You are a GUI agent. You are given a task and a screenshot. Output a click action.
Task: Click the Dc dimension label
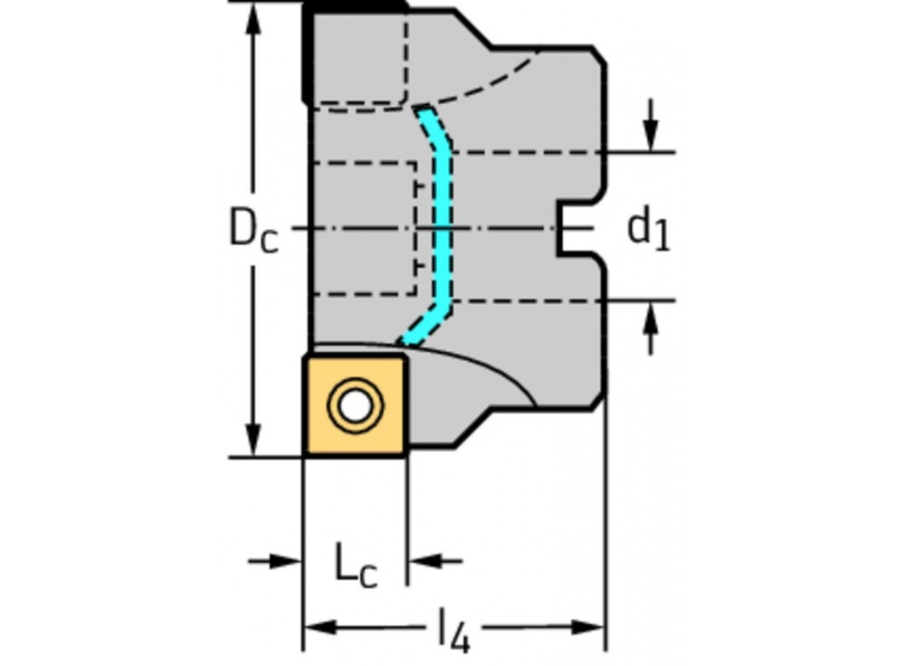pyautogui.click(x=252, y=230)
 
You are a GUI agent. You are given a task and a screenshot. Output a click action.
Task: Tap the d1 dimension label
pyautogui.click(x=648, y=229)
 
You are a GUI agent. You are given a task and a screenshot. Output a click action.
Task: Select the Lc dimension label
pyautogui.click(x=355, y=567)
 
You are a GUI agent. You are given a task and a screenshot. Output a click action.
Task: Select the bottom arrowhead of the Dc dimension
pyautogui.click(x=253, y=443)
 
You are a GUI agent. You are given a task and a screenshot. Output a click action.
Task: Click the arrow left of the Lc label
pyautogui.click(x=286, y=562)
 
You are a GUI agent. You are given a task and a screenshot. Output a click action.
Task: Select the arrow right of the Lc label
pyautogui.click(x=423, y=562)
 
